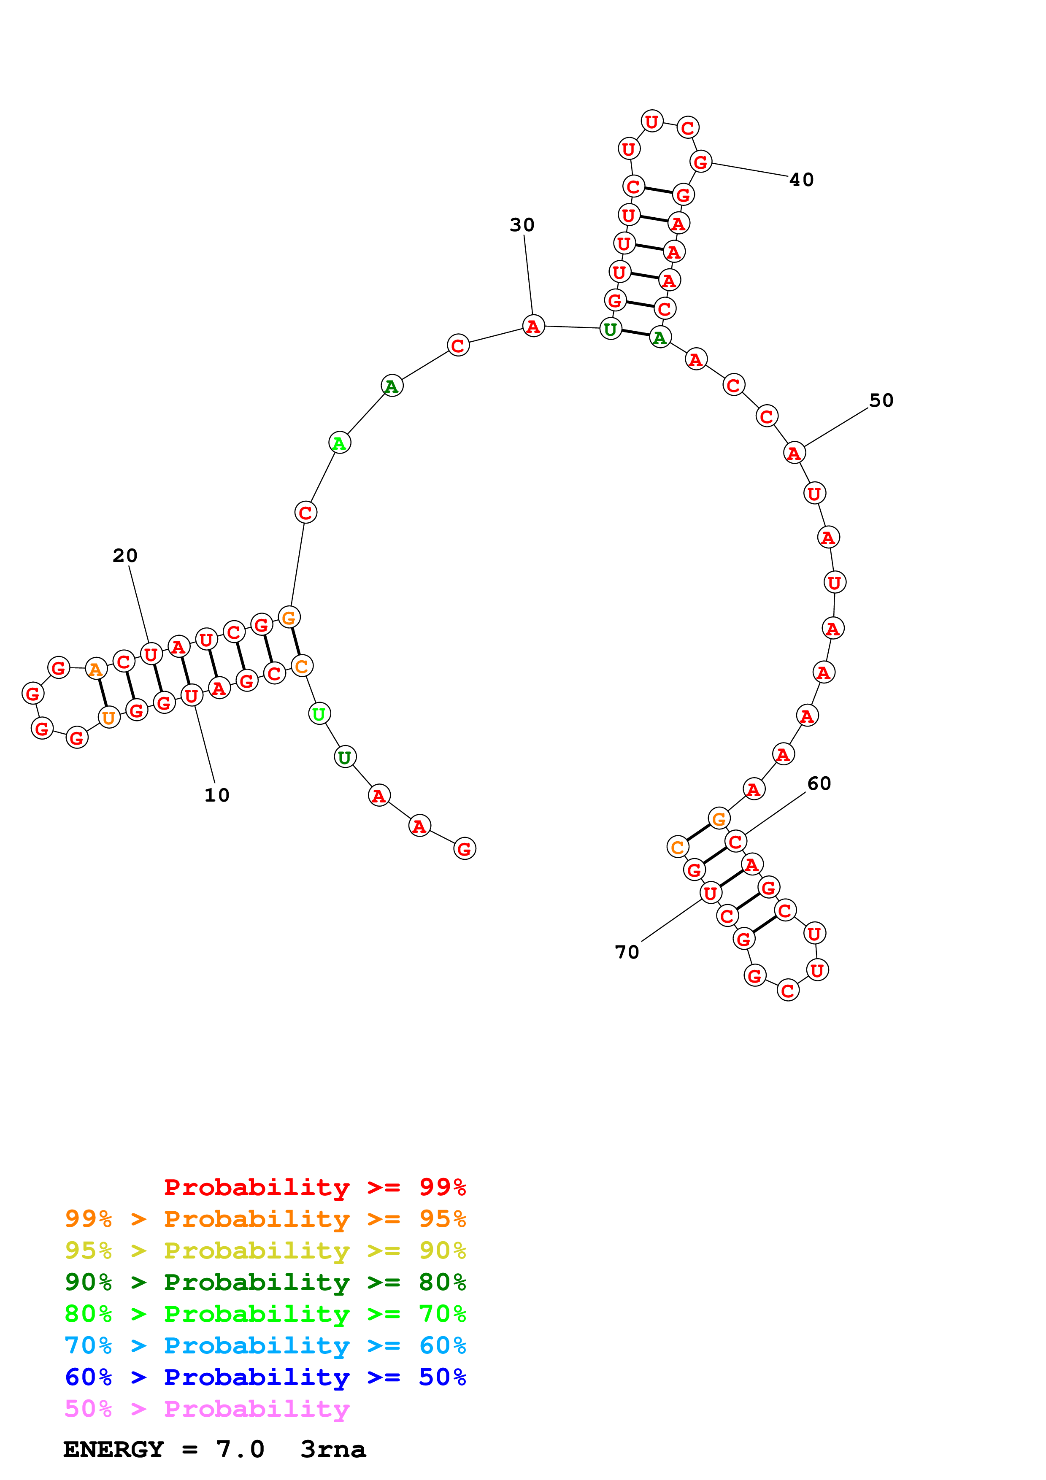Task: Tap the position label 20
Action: click(125, 555)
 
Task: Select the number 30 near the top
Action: click(522, 224)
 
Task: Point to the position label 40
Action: click(801, 179)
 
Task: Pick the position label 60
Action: click(819, 783)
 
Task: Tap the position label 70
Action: click(627, 952)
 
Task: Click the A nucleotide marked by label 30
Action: click(533, 326)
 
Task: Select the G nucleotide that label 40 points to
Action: click(700, 161)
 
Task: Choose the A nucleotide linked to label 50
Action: click(794, 453)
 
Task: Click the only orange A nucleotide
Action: click(96, 669)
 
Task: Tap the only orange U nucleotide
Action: click(109, 718)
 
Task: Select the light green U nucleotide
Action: click(319, 713)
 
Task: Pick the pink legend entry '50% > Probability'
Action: click(207, 1408)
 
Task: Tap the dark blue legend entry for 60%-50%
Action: click(265, 1377)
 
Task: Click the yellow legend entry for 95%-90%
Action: click(265, 1250)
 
